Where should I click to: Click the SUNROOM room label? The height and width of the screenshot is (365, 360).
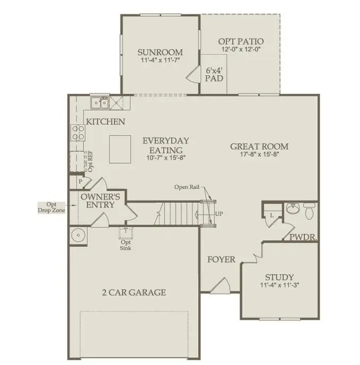(160, 53)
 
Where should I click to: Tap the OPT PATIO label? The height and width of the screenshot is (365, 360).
(241, 41)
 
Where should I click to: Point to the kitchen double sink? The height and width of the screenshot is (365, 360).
(99, 102)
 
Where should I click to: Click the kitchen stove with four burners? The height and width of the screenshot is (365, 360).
(77, 132)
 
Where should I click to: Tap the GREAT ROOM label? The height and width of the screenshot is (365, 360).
(259, 146)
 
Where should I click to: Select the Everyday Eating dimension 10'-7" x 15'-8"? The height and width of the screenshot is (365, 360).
(165, 158)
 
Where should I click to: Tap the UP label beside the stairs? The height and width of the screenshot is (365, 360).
(219, 214)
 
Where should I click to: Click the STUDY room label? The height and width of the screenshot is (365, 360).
(279, 277)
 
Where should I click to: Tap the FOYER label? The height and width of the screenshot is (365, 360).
(221, 260)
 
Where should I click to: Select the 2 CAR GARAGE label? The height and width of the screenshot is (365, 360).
(134, 292)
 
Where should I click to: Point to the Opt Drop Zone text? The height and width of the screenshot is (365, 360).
(51, 207)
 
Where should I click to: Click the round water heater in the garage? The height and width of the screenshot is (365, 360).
(78, 235)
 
